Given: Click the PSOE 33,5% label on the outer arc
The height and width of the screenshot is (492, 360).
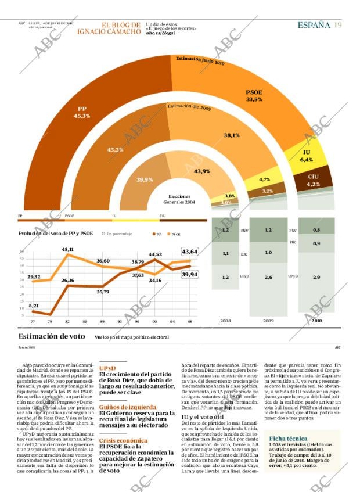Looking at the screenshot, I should pyautogui.click(x=254, y=96).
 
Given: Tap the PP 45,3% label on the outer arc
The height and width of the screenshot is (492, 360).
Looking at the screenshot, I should pyautogui.click(x=81, y=113).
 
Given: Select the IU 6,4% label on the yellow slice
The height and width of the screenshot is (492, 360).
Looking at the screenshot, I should pyautogui.click(x=307, y=156).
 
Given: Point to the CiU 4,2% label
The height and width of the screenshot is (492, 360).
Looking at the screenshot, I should pyautogui.click(x=314, y=180).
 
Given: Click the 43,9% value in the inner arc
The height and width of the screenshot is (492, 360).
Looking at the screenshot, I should pyautogui.click(x=202, y=171).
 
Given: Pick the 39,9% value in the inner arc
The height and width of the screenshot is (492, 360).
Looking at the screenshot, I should pyautogui.click(x=145, y=180).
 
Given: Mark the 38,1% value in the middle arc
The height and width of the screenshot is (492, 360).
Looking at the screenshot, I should pyautogui.click(x=232, y=135).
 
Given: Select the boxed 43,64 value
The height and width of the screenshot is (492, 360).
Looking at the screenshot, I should pyautogui.click(x=190, y=252).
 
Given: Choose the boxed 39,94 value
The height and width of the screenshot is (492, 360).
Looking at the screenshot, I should pyautogui.click(x=190, y=274).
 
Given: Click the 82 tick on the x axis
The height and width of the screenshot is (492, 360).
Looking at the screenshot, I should pyautogui.click(x=67, y=321).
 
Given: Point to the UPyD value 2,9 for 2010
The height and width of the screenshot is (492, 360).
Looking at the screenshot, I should pyautogui.click(x=316, y=278).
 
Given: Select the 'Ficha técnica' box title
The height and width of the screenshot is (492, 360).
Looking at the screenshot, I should pyautogui.click(x=288, y=439).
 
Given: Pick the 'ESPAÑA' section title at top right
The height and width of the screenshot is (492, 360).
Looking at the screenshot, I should pyautogui.click(x=314, y=25).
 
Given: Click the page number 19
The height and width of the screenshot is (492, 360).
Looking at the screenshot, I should pyautogui.click(x=337, y=25).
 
